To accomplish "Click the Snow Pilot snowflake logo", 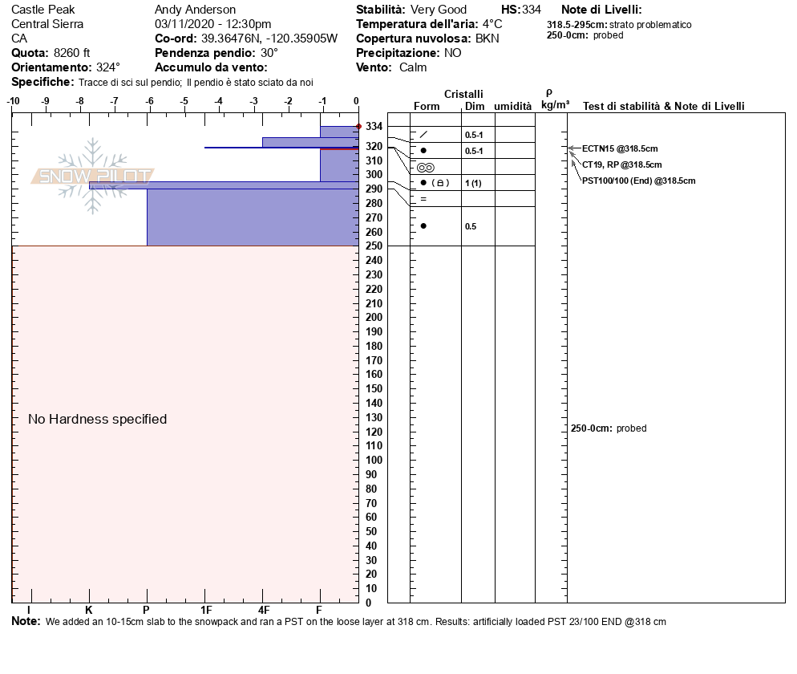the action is point(92,176).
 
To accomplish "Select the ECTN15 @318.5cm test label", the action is point(620,149).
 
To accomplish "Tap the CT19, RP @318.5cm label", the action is point(621,164).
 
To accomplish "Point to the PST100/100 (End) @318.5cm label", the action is point(638,181).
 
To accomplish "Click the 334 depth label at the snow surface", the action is point(374,126).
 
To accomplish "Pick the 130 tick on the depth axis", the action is point(374,417).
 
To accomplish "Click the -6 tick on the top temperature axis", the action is point(149,101).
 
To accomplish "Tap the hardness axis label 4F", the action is point(263,610).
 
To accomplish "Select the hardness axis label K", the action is point(88,610).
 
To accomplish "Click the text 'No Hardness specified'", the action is point(98,419).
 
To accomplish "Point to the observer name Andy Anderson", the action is point(195,10).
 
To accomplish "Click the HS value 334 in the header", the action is point(532,10).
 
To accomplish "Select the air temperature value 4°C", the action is point(492,24).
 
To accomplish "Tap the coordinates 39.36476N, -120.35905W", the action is point(269,39).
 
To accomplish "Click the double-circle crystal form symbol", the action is point(426,168).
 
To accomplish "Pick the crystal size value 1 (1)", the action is point(473,183).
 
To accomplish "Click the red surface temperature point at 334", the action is point(359,126).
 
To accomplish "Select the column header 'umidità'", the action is point(513,106).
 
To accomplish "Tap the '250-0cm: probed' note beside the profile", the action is point(609,428).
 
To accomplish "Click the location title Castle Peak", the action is point(42,10).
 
